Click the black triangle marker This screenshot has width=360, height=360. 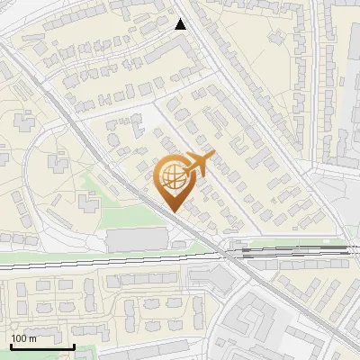[x=181, y=24]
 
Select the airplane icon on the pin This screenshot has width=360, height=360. [x=198, y=164]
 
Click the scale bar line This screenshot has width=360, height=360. [x=41, y=346]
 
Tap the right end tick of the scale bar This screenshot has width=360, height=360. [x=74, y=344]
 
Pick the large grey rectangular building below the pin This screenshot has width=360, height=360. [x=137, y=239]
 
